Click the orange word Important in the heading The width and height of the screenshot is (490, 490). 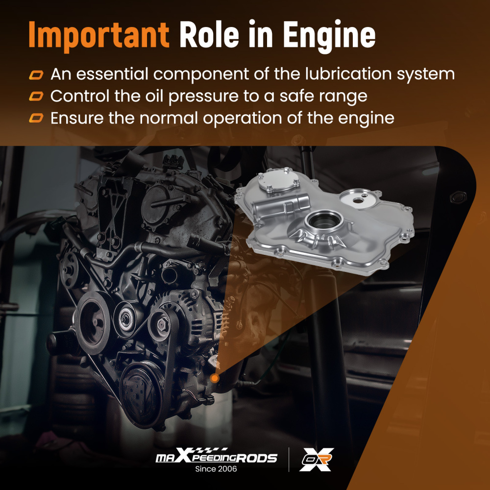pos(99,35)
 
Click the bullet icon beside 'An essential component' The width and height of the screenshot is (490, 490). pos(36,75)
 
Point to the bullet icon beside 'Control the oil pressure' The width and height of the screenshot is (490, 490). pos(36,96)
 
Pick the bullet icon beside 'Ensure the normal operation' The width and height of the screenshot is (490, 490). pos(36,118)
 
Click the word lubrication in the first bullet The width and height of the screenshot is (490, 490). pos(348,74)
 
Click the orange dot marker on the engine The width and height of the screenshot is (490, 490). pos(215,378)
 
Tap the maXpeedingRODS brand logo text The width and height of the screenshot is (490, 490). pos(216,456)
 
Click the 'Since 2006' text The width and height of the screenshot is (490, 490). pos(216,469)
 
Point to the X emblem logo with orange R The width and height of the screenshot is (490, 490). pos(316,460)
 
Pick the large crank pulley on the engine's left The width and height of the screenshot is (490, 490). pos(94,322)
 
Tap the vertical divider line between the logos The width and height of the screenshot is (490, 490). pos(289,460)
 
